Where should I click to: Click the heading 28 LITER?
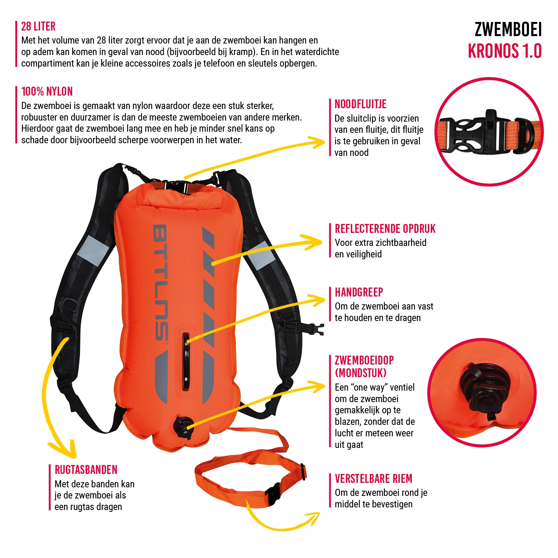(38, 26)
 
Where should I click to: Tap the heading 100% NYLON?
(47, 92)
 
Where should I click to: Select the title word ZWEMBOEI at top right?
(508, 30)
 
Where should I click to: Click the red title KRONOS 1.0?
(504, 51)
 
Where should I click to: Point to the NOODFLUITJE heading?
(360, 104)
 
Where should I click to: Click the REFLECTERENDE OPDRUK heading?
(385, 229)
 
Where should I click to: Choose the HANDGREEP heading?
(359, 292)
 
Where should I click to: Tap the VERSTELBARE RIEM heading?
(373, 479)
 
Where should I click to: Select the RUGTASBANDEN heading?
(86, 470)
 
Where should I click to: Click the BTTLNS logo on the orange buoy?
(161, 283)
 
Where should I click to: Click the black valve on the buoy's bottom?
(183, 427)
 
